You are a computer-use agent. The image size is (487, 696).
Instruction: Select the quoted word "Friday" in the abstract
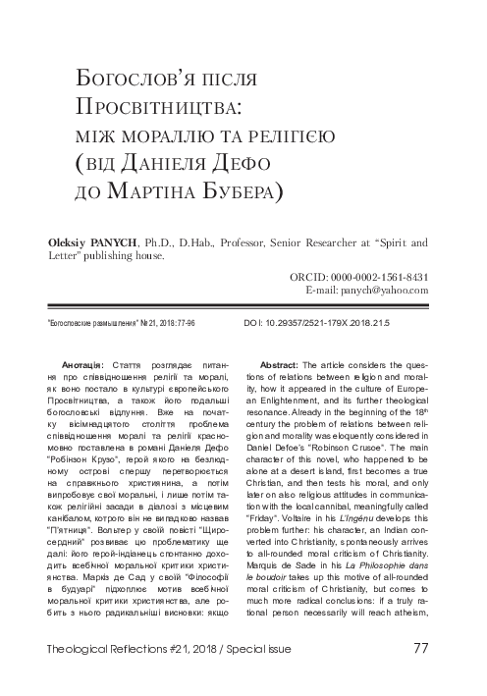click(290, 499)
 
